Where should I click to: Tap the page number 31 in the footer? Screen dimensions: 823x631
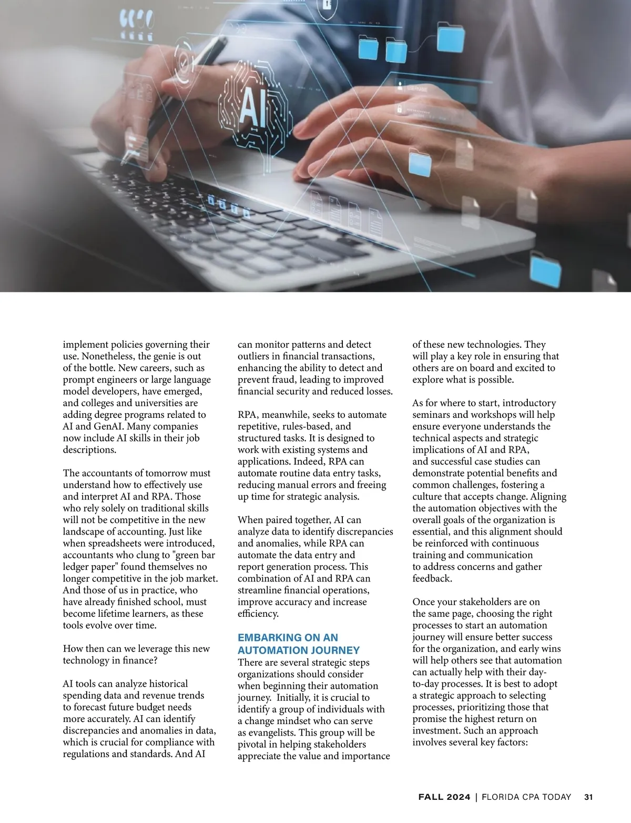[x=588, y=797]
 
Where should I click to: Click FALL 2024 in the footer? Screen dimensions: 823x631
[x=444, y=797]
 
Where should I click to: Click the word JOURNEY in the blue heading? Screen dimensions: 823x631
[x=334, y=650]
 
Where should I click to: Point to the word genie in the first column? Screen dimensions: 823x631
[x=152, y=356]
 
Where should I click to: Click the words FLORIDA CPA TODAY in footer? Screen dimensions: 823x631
[x=526, y=797]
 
